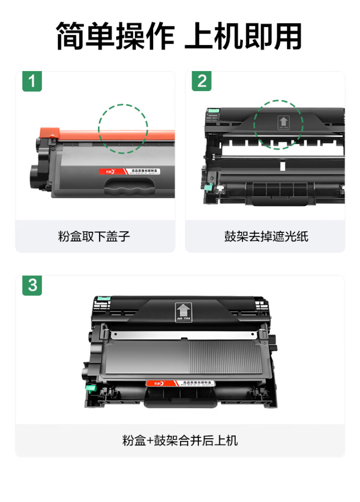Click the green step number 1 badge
[32, 82]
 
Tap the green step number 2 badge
[202, 82]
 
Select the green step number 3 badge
[32, 286]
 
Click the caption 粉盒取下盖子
[94, 237]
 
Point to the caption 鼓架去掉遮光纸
[266, 237]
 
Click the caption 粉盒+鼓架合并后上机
[180, 441]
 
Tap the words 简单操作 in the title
[115, 36]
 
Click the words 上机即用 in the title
[244, 36]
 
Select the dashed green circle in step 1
[123, 129]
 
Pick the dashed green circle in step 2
[278, 125]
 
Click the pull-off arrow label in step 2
[283, 123]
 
